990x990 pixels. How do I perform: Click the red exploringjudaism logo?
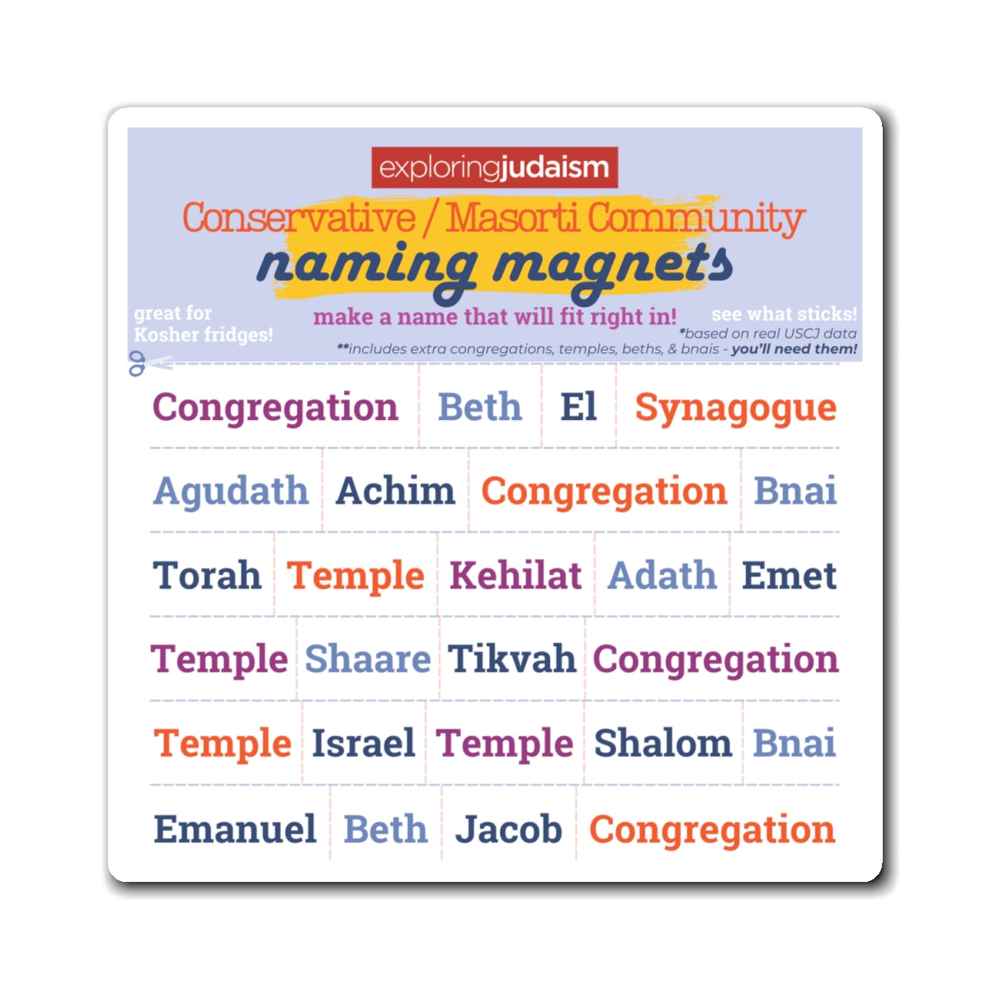[x=494, y=167]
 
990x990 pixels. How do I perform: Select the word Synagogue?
[x=735, y=408]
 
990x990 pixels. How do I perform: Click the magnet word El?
[x=578, y=407]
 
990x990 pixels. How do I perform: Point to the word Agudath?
[x=231, y=492]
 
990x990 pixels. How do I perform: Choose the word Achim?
[x=395, y=491]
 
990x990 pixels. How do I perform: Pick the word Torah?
[x=206, y=575]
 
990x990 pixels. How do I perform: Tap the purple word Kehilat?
[x=516, y=575]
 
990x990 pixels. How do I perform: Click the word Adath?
[x=662, y=575]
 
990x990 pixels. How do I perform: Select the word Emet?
[x=789, y=575]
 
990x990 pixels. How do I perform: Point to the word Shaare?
[x=367, y=659]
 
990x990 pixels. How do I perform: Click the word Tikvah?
[x=511, y=659]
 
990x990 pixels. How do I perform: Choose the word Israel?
[x=363, y=743]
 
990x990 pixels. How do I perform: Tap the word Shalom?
[x=662, y=743]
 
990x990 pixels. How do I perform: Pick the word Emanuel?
[x=235, y=829]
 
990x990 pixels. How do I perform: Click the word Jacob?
[x=508, y=829]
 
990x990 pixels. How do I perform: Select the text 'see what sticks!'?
[x=784, y=314]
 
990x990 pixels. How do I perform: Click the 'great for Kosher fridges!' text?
[x=203, y=324]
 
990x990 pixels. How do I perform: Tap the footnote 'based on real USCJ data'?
[x=769, y=333]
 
